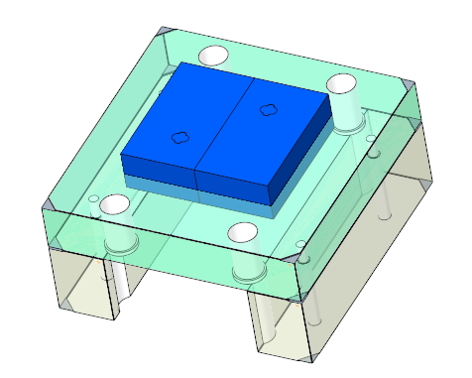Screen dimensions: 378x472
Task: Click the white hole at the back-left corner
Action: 213,56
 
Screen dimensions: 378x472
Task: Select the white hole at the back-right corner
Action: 342,83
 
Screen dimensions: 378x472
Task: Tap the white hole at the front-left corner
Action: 115,204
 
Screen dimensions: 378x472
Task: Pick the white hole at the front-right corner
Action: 244,234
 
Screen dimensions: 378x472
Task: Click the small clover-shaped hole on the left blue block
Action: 180,137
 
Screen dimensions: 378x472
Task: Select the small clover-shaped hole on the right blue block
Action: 267,109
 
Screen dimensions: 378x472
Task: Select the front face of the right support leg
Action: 283,327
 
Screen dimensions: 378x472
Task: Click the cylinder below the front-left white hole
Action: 119,238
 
